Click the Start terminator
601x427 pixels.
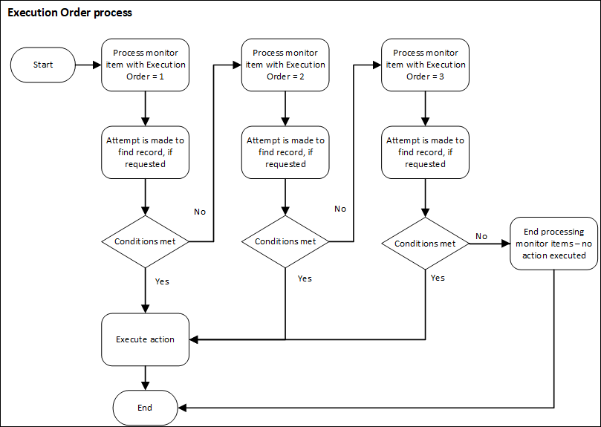coord(43,65)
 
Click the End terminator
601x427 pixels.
coord(145,408)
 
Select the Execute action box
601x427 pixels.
coord(145,339)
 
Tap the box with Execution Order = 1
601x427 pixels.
coord(145,65)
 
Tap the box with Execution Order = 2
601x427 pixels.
coord(285,65)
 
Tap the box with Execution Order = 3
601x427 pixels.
coord(425,65)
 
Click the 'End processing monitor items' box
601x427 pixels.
coord(554,244)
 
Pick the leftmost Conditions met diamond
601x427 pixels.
coord(145,241)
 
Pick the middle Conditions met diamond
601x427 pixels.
coord(285,241)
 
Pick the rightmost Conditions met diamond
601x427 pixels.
coord(425,244)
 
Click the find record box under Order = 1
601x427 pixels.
coord(145,152)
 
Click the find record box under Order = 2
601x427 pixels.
coord(285,152)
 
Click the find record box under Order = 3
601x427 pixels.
coord(425,152)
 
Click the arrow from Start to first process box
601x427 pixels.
coord(88,65)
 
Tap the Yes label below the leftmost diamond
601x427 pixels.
coord(162,281)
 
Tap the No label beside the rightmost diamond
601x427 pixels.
coord(481,236)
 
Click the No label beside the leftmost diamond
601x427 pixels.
coord(200,212)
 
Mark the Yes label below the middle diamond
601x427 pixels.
coord(305,278)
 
